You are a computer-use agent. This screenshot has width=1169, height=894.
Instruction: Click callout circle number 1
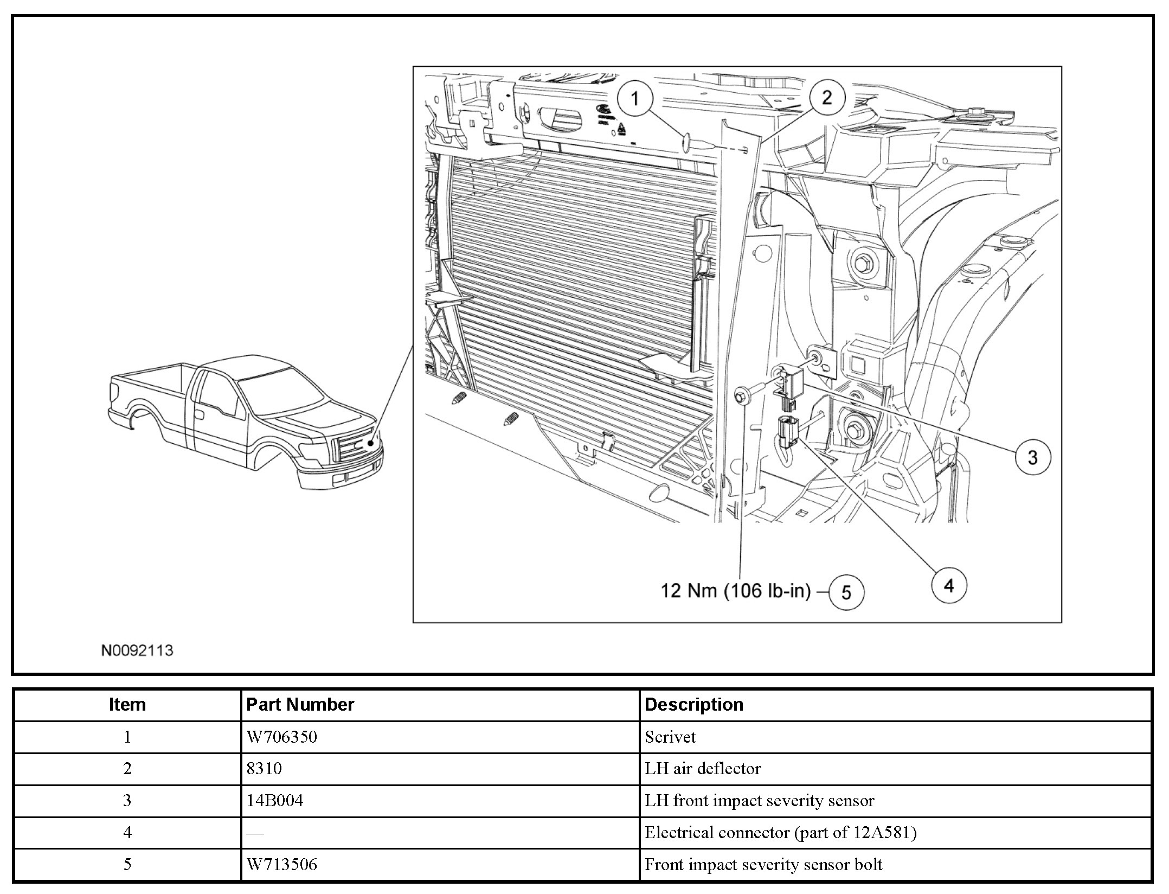[635, 99]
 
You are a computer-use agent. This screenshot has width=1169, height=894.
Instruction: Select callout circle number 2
[826, 98]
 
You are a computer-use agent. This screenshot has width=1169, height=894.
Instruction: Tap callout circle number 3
[1032, 457]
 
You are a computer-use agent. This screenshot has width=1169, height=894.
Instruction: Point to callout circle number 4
[948, 585]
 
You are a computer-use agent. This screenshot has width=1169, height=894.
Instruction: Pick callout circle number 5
[846, 592]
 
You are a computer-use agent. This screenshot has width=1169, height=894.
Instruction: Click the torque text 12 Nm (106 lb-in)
[735, 591]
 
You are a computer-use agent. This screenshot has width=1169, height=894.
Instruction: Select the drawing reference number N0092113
[137, 650]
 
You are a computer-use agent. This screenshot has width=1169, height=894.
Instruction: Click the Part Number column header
[300, 705]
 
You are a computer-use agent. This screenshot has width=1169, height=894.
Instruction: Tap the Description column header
[693, 705]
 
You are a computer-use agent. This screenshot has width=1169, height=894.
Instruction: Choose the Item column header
[127, 705]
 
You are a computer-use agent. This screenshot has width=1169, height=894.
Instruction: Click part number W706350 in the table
[281, 737]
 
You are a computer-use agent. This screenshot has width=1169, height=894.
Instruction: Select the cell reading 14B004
[274, 801]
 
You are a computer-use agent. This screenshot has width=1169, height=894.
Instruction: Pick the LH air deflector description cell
[702, 769]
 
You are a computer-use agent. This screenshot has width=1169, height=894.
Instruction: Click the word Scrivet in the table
[670, 737]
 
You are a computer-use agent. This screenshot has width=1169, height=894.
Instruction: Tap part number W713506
[281, 864]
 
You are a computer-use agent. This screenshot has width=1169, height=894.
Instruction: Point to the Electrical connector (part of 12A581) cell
[780, 833]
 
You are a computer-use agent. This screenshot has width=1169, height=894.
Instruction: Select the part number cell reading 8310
[264, 769]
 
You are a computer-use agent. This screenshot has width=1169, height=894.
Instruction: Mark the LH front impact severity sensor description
[759, 801]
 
